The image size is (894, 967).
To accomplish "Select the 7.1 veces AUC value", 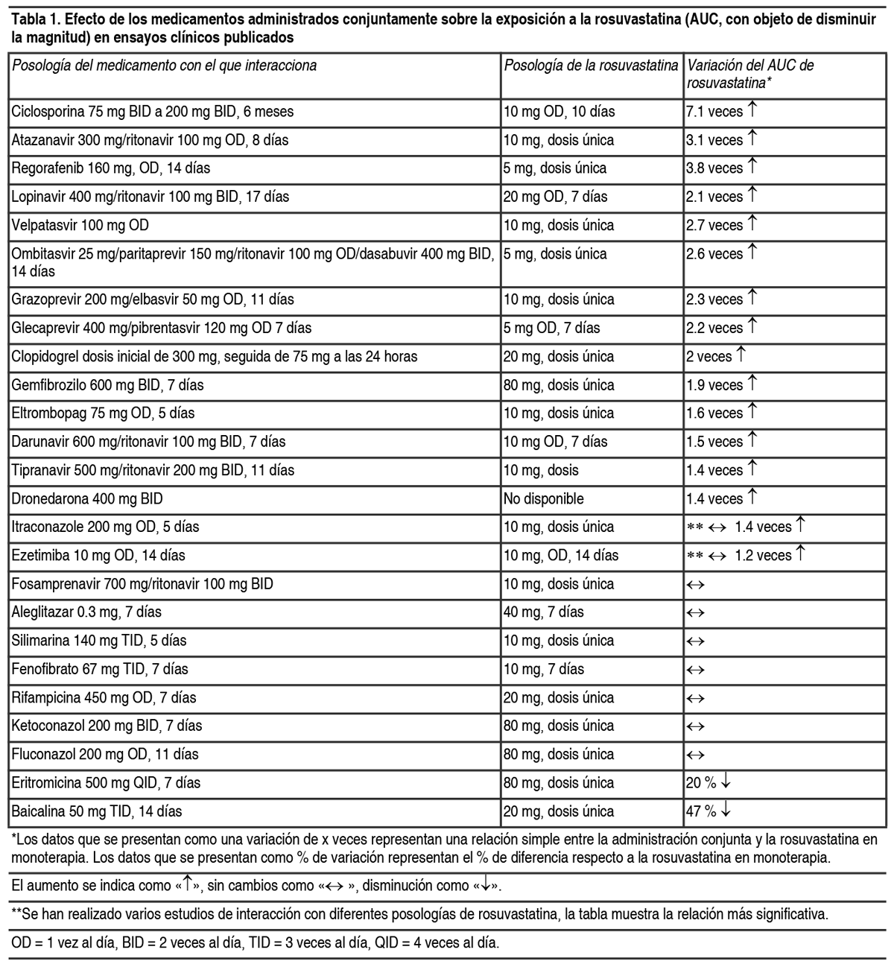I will (x=714, y=112).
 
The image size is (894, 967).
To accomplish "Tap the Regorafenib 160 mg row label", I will (x=110, y=168).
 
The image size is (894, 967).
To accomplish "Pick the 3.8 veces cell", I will (x=714, y=168).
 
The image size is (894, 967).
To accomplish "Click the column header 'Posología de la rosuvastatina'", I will (x=591, y=66).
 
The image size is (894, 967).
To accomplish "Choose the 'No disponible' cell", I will (x=544, y=498).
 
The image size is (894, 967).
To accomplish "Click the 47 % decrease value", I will (x=701, y=811).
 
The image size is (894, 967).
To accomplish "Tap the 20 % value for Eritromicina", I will (x=701, y=783).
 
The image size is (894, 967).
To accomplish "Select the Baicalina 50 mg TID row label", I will (x=97, y=811).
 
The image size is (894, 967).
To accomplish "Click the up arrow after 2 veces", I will (x=741, y=356).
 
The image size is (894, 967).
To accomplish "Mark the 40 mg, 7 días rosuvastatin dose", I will (x=544, y=612).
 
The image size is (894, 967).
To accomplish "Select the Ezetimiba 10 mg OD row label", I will (x=98, y=556).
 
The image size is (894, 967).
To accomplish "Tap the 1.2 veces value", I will (x=763, y=556).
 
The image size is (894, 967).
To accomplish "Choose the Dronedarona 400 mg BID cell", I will (x=87, y=498).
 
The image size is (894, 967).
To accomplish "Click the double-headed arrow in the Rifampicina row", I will (x=695, y=698).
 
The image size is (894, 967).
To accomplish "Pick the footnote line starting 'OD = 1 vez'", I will (x=256, y=942).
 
